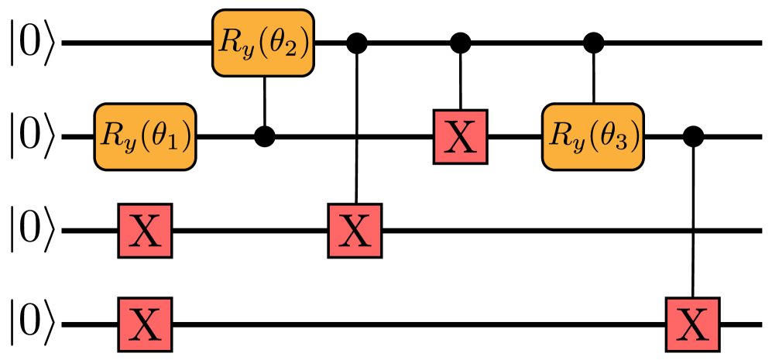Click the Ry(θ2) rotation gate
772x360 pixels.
(262, 43)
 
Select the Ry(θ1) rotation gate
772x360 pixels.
(145, 136)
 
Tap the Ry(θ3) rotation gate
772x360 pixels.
(592, 136)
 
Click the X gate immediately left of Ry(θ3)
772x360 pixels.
(460, 137)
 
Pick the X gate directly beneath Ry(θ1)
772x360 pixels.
(145, 231)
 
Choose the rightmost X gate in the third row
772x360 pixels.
(355, 231)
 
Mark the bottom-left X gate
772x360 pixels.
(145, 324)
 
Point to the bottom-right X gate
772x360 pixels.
(692, 324)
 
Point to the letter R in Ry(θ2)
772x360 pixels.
(228, 41)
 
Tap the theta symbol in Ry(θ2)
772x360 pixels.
(279, 42)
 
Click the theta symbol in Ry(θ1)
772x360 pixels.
(161, 135)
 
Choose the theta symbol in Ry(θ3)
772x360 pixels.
(609, 135)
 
